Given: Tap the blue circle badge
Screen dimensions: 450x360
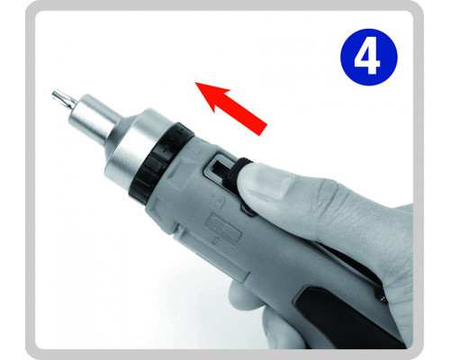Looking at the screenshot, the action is (x=369, y=57).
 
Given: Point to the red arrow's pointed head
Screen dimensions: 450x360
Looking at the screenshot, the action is (x=195, y=82).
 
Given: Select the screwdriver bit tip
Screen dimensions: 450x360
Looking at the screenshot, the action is (x=64, y=99).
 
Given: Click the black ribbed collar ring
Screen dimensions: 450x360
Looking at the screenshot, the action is (x=161, y=162).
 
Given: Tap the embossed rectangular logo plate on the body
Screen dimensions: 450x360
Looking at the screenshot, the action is (x=222, y=228).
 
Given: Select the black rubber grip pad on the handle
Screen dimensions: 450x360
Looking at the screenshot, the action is (x=345, y=318).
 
